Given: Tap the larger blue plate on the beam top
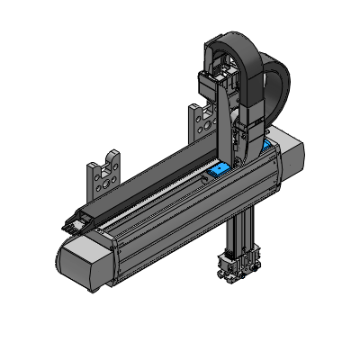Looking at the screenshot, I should [x=217, y=166].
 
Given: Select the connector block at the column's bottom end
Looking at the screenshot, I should [x=236, y=267].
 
